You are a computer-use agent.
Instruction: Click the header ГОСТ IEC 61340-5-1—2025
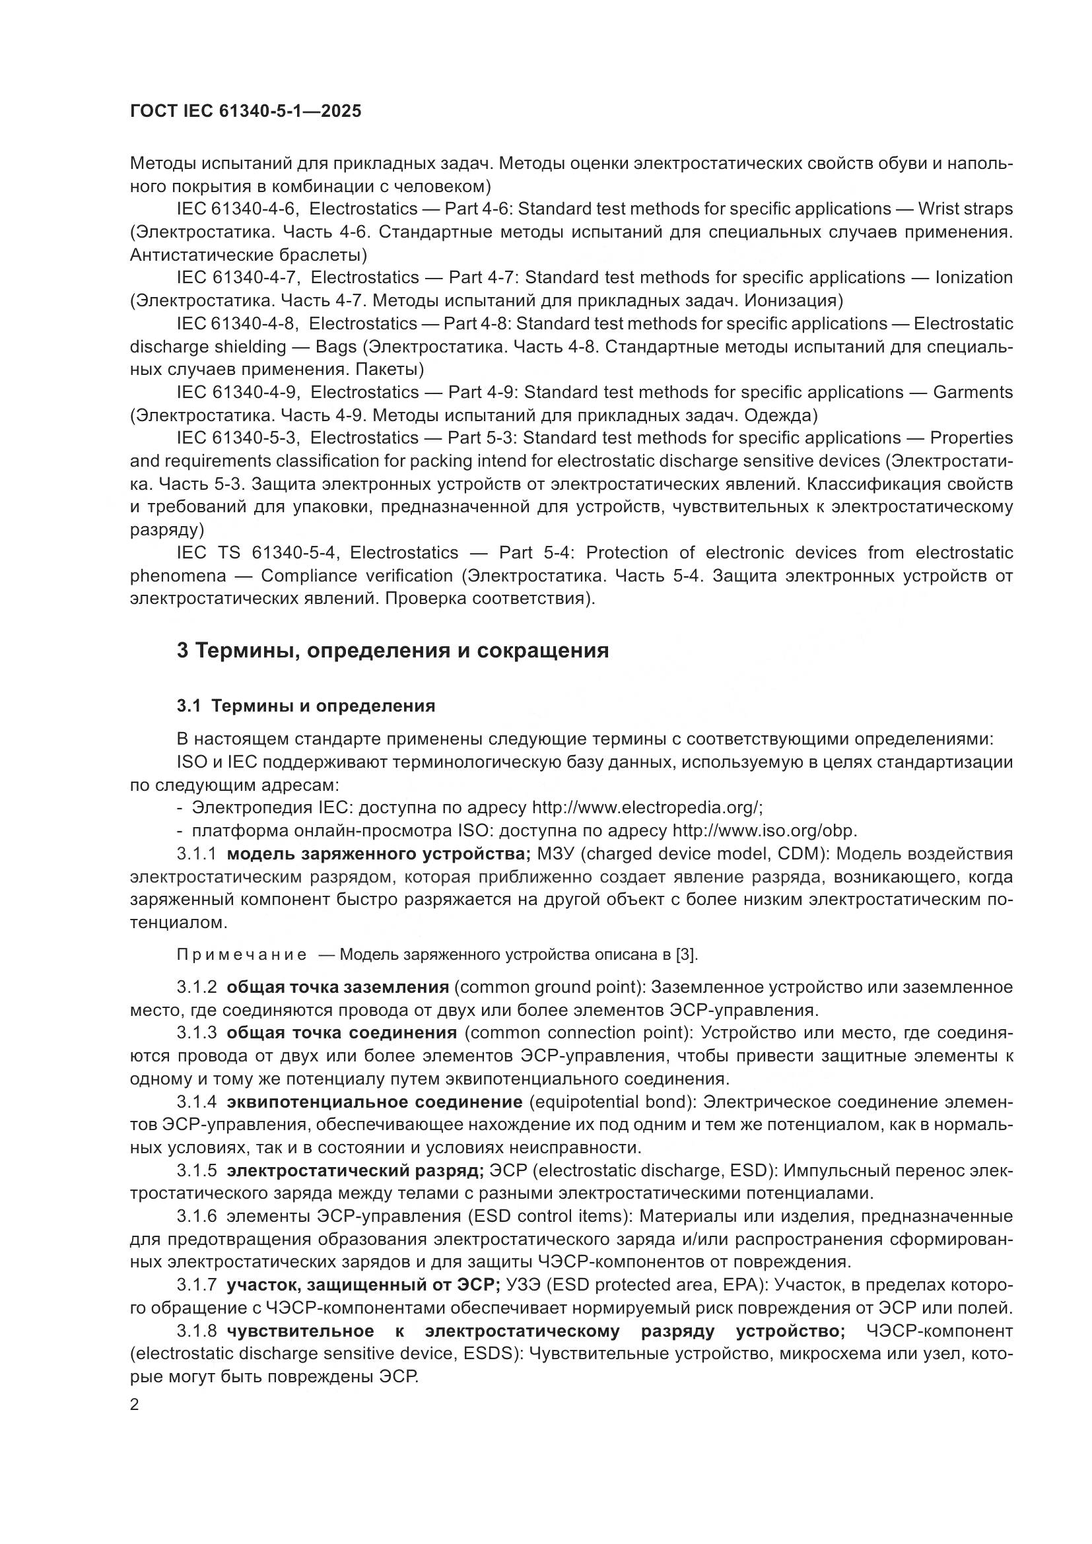pos(246,111)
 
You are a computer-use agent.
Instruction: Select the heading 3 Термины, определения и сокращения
pos(393,651)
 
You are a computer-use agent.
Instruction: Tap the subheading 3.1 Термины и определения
pos(306,706)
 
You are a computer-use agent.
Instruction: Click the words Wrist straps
pos(965,209)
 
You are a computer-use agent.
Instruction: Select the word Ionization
pos(974,278)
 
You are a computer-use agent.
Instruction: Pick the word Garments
pos(973,392)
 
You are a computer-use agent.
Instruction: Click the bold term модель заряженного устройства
pos(378,854)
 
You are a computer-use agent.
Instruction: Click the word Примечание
pos(242,955)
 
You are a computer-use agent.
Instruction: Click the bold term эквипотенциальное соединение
pos(374,1102)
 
